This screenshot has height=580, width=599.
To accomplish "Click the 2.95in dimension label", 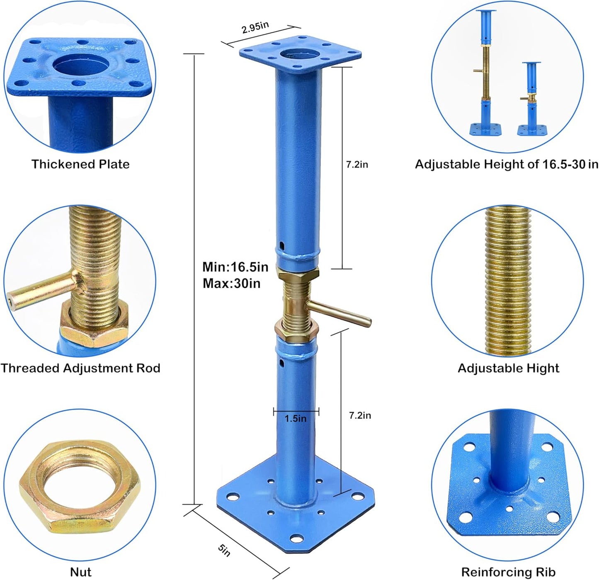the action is [255, 27].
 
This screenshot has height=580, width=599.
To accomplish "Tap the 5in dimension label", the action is [224, 550].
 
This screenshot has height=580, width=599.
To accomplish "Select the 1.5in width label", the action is [295, 418].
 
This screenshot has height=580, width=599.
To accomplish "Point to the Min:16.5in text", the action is [235, 267].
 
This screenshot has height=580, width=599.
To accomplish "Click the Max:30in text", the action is [231, 283].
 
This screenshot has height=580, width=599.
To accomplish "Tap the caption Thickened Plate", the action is [80, 164].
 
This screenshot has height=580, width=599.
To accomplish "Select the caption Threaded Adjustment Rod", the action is [80, 368].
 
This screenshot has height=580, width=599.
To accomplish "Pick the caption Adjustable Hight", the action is [508, 368].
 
